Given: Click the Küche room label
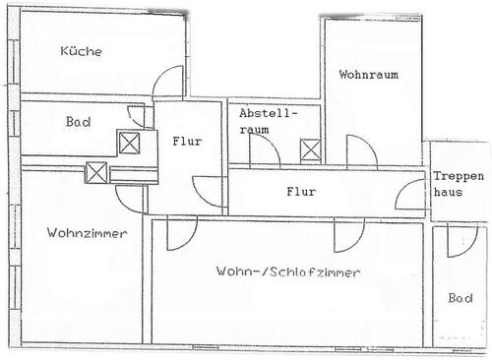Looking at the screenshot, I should click(x=81, y=52).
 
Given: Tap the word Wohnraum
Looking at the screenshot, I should click(x=368, y=75).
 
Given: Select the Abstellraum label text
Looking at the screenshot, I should click(x=267, y=121).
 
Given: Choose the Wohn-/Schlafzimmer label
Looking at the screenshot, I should click(x=286, y=271).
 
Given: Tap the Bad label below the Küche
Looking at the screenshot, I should click(x=79, y=122).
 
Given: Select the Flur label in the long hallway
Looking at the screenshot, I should click(x=301, y=192).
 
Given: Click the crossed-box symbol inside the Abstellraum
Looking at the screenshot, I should click(x=311, y=150).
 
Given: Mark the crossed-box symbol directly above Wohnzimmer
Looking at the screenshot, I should click(x=97, y=173).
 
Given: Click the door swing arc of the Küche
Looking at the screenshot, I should click(x=169, y=81).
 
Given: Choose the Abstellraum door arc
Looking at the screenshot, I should click(x=262, y=150).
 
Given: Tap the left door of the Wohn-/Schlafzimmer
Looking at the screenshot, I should click(x=181, y=233).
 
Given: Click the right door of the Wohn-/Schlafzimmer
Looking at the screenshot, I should click(x=346, y=233).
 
